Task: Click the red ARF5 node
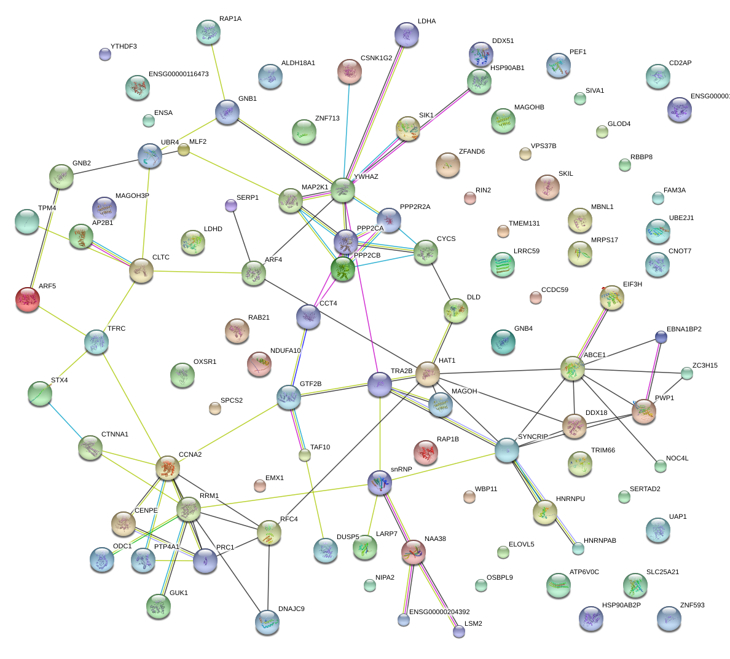pyautogui.click(x=28, y=299)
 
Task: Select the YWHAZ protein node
pyautogui.click(x=343, y=191)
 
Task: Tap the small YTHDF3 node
pyautogui.click(x=105, y=54)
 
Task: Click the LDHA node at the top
pyautogui.click(x=406, y=35)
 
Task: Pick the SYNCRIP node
pyautogui.click(x=507, y=450)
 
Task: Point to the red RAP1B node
pyautogui.click(x=426, y=452)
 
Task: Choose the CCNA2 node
pyautogui.click(x=168, y=468)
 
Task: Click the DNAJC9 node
pyautogui.click(x=267, y=622)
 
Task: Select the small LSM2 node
pyautogui.click(x=459, y=631)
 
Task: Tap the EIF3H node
pyautogui.click(x=611, y=298)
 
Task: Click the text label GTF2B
pyautogui.click(x=310, y=384)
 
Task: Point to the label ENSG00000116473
pyautogui.click(x=178, y=74)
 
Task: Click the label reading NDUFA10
pyautogui.click(x=285, y=351)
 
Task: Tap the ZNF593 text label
pyautogui.click(x=692, y=606)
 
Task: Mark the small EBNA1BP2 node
pyautogui.click(x=661, y=337)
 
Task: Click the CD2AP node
pyautogui.click(x=658, y=77)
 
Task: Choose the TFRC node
pyautogui.click(x=96, y=342)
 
